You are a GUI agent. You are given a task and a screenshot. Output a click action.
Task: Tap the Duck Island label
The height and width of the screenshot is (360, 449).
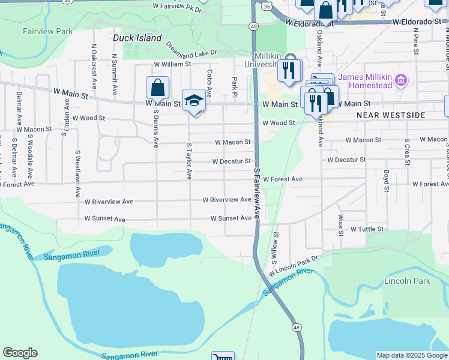137,38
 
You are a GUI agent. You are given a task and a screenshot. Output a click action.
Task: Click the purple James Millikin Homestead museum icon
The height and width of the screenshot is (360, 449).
402,80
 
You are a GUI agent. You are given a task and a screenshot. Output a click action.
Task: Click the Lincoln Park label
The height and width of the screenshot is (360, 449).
408,281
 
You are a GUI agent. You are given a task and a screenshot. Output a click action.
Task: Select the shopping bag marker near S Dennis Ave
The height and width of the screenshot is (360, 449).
157,88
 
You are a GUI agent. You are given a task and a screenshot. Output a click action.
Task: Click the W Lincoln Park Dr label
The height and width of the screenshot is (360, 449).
294,265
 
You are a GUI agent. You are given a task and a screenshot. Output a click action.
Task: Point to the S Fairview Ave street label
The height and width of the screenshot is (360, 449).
256,193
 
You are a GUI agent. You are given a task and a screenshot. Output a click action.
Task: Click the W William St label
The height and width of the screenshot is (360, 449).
172,64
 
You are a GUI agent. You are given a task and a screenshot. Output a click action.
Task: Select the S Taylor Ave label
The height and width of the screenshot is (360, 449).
189,161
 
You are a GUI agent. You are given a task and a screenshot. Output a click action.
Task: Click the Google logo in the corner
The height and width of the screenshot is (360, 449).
20,353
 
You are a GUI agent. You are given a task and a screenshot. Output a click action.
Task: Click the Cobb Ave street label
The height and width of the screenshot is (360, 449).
209,83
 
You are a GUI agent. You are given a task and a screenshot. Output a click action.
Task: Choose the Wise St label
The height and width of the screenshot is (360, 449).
340,224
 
